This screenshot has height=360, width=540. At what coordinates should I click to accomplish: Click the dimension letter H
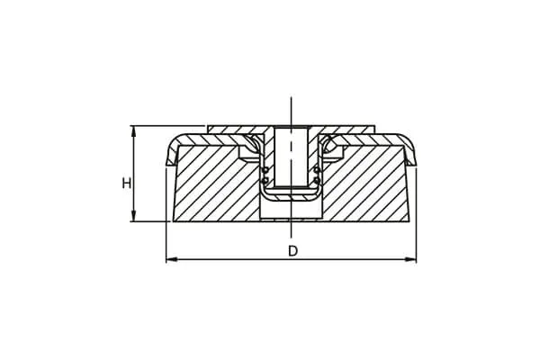tap(127, 183)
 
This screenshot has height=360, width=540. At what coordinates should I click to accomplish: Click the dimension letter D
tap(292, 251)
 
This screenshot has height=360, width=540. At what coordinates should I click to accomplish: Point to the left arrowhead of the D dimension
tap(172, 259)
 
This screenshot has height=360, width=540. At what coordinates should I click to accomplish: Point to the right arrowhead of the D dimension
tap(410, 259)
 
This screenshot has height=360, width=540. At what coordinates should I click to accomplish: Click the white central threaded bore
tap(292, 157)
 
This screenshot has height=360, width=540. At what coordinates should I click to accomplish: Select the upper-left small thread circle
tap(265, 170)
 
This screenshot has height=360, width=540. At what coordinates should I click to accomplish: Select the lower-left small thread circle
tap(265, 179)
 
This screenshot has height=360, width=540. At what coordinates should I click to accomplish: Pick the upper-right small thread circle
tap(317, 170)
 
